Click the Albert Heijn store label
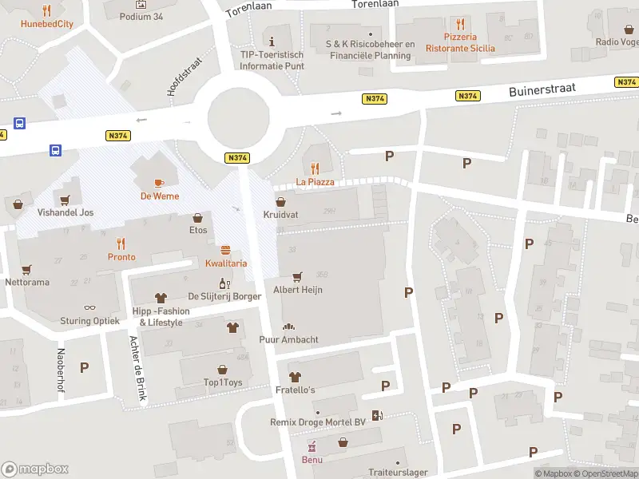pyautogui.click(x=298, y=290)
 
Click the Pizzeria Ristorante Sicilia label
pyautogui.click(x=459, y=42)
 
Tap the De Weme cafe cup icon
pyautogui.click(x=158, y=182)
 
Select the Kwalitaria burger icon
pyautogui.click(x=225, y=250)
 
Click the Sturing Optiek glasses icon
pyautogui.click(x=89, y=307)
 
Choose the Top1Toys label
pyautogui.click(x=223, y=382)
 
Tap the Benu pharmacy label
pyautogui.click(x=312, y=459)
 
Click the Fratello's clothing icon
pyautogui.click(x=295, y=376)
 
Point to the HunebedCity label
pyautogui.click(x=46, y=23)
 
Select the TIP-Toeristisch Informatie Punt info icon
pyautogui.click(x=272, y=41)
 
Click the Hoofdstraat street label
pyautogui.click(x=185, y=77)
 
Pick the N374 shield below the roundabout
pyautogui.click(x=236, y=158)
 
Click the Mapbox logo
pyautogui.click(x=35, y=469)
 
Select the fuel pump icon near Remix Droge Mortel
pyautogui.click(x=377, y=415)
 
